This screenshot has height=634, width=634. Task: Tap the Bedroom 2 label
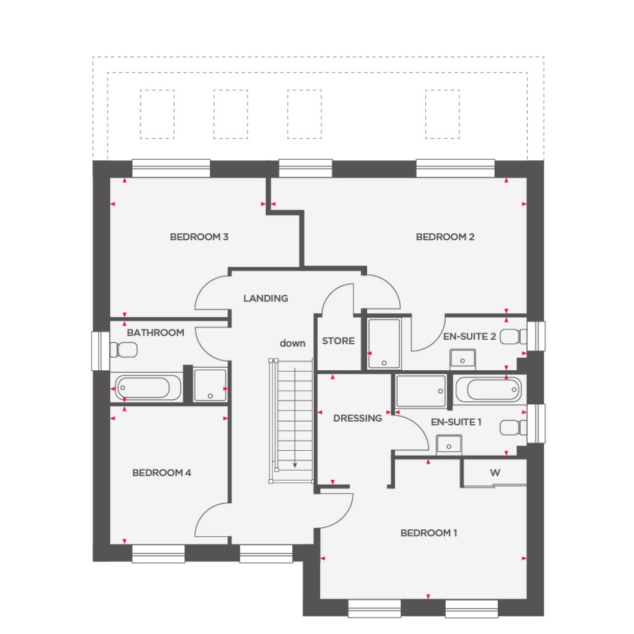(x=445, y=237)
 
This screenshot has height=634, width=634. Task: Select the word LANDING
(x=265, y=298)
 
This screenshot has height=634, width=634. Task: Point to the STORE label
(x=338, y=341)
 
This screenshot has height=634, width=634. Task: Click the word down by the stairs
(x=292, y=343)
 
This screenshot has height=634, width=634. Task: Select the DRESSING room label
(x=357, y=419)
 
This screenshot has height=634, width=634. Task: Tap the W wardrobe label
(x=495, y=473)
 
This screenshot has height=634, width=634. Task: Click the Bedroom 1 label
(x=428, y=533)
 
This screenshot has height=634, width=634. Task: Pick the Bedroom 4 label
(x=162, y=473)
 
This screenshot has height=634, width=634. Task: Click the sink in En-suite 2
(x=462, y=358)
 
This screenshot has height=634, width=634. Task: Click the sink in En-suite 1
(x=448, y=445)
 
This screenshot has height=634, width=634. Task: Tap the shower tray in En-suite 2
(x=384, y=344)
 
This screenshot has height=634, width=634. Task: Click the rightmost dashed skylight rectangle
(x=443, y=114)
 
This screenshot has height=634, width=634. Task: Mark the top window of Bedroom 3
(x=171, y=167)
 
